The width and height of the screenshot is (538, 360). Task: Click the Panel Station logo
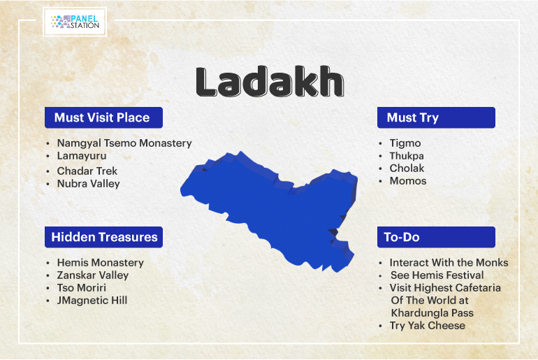[x=75, y=22]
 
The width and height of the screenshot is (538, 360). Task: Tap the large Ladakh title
[x=270, y=82]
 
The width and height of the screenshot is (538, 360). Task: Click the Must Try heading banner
[x=436, y=117]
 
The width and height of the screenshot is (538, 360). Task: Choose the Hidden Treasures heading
[x=103, y=237]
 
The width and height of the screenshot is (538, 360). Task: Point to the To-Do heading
[x=436, y=237]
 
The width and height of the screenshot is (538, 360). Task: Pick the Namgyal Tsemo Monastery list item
[x=124, y=143]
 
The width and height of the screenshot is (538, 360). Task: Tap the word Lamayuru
[x=82, y=156]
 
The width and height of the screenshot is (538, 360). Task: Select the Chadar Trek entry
[x=87, y=171]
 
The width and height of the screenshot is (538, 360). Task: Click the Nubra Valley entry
[x=89, y=184]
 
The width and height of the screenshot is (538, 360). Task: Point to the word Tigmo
[x=405, y=143]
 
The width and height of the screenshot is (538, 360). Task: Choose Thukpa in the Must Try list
[x=407, y=156]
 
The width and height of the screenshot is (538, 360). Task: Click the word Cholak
[x=407, y=168]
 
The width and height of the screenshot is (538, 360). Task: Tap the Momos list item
[x=408, y=181]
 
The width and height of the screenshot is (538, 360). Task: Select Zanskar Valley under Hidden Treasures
[x=93, y=275]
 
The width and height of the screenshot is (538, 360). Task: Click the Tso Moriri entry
[x=82, y=287]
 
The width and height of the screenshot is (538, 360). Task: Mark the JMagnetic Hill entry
[x=92, y=301]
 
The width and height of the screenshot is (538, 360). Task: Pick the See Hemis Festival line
[x=437, y=275]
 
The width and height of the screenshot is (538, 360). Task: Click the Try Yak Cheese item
[x=428, y=325]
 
